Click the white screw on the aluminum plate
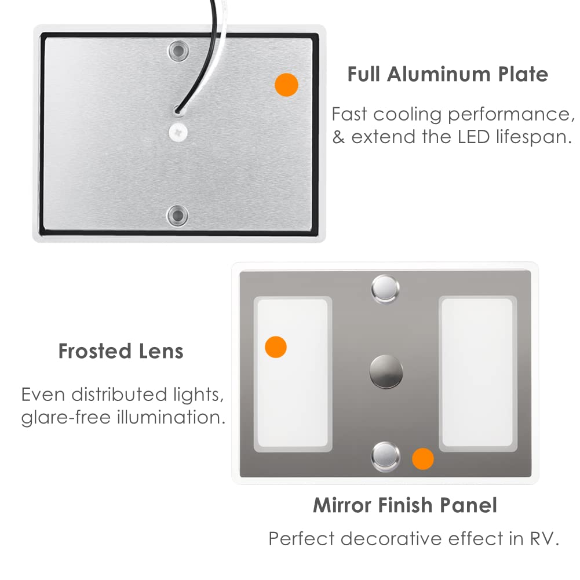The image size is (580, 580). (x=178, y=132)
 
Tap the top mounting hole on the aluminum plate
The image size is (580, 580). (x=177, y=52)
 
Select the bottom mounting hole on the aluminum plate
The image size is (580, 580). (x=177, y=215)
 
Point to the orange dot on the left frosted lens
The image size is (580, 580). (x=276, y=346)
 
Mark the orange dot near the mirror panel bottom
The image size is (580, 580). (x=422, y=459)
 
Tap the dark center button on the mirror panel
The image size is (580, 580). (x=386, y=372)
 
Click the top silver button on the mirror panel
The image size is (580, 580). (x=386, y=288)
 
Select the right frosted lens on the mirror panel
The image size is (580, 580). (x=476, y=373)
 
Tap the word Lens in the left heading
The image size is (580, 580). (x=163, y=351)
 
